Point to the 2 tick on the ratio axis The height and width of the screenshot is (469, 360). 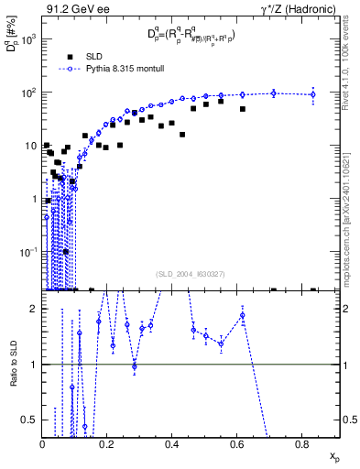click(x=35, y=309)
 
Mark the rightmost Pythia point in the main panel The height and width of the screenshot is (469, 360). click(x=313, y=93)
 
